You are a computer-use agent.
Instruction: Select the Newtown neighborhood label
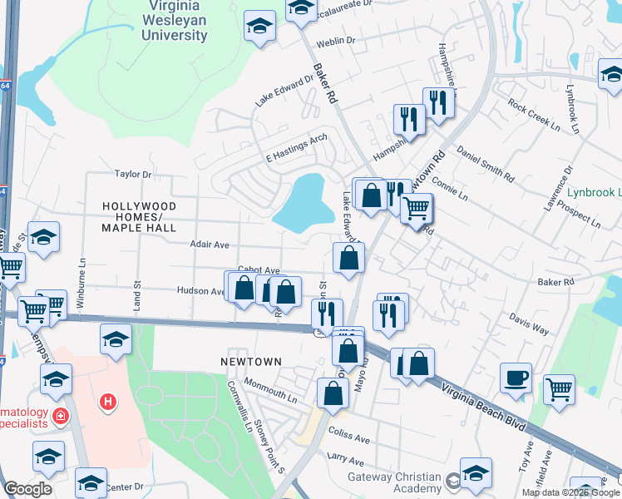pyautogui.click(x=250, y=362)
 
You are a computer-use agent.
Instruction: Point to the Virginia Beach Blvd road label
pyautogui.click(x=483, y=407)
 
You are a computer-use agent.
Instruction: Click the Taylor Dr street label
pyautogui.click(x=133, y=175)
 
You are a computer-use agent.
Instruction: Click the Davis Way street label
pyautogui.click(x=529, y=324)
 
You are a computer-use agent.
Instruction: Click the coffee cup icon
pyautogui.click(x=516, y=378)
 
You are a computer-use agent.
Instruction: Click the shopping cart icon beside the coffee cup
pyautogui.click(x=559, y=388)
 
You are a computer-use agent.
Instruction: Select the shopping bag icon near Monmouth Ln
pyautogui.click(x=333, y=395)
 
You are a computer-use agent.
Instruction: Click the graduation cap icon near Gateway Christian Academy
pyautogui.click(x=476, y=473)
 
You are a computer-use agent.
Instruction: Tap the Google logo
pyautogui.click(x=27, y=489)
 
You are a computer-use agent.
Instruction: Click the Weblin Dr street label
pyautogui.click(x=342, y=41)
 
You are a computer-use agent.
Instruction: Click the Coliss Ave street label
pyautogui.click(x=348, y=435)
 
